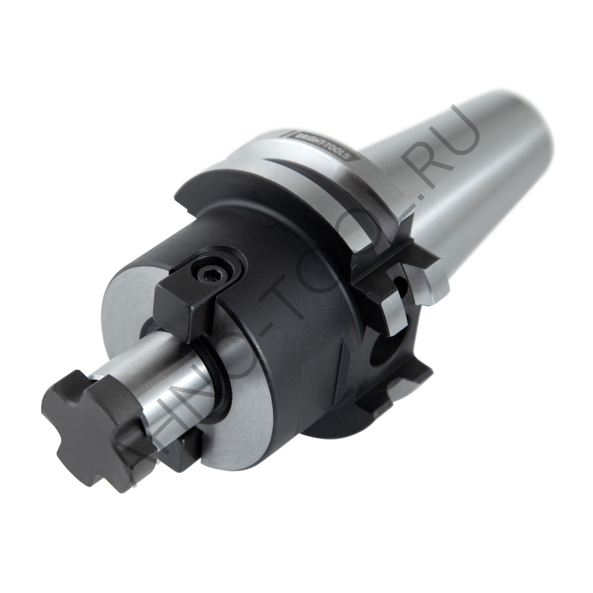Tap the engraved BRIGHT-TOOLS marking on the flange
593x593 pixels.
[323, 146]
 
